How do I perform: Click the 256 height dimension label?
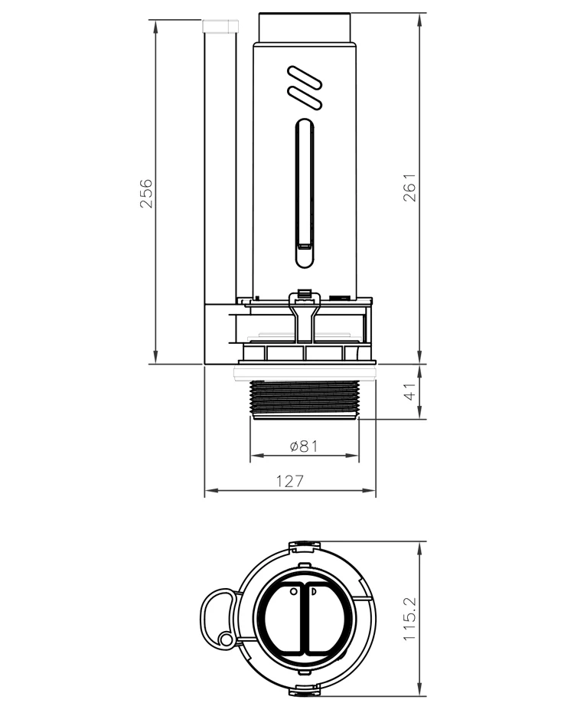click(x=146, y=194)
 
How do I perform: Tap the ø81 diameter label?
click(x=304, y=446)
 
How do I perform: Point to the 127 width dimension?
click(x=290, y=481)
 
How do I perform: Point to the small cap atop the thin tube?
click(x=220, y=26)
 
